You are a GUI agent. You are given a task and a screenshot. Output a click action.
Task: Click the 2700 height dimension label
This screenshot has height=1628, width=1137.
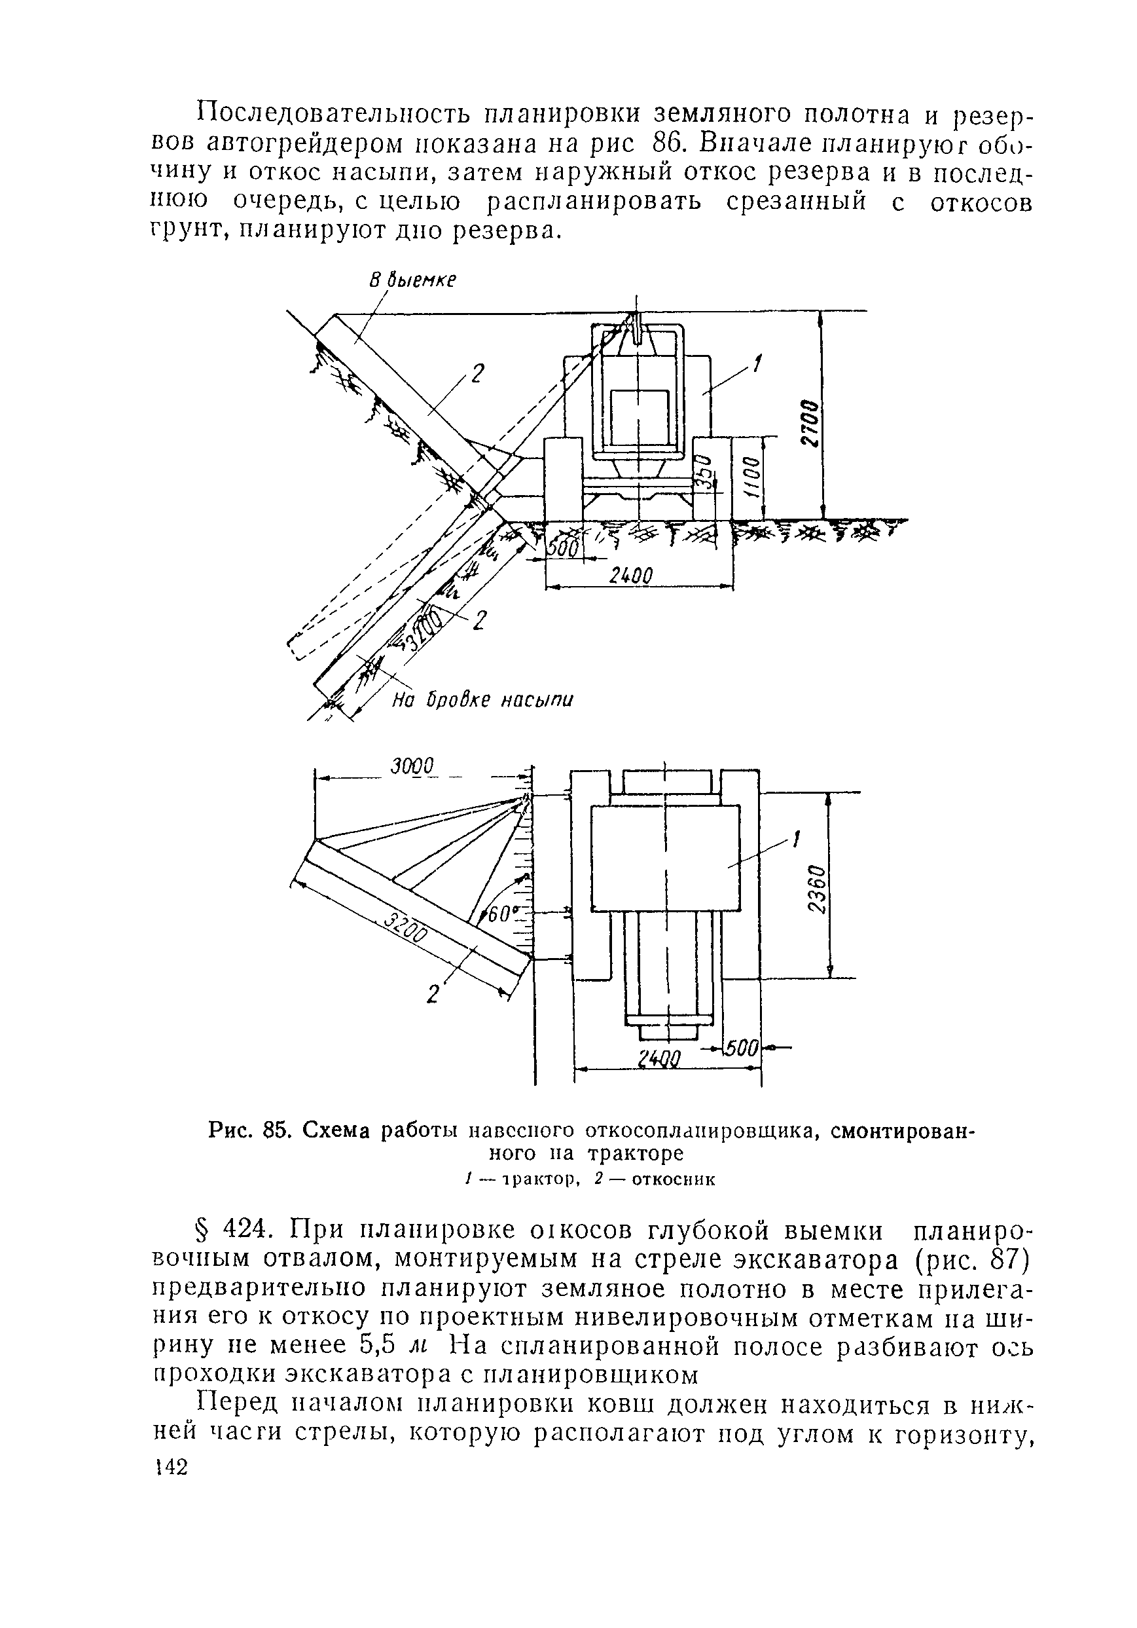[811, 422]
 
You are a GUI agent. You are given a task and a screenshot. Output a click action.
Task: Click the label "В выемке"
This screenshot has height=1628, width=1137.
[412, 280]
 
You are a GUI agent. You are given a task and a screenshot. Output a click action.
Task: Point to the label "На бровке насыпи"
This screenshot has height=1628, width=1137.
[482, 701]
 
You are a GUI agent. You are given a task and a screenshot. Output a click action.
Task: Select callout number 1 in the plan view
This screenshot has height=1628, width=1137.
[795, 840]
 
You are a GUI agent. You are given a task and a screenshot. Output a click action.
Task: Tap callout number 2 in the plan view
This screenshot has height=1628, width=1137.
[433, 994]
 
